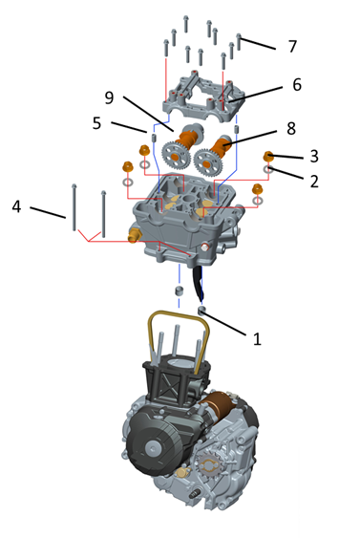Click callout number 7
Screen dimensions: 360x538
coord(292,46)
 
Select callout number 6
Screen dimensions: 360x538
coord(297,85)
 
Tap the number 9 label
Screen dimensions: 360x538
coord(109,97)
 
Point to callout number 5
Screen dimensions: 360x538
coord(96,123)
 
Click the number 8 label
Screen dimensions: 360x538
coord(291,129)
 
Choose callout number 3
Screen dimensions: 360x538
coord(314,156)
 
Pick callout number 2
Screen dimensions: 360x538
coord(314,181)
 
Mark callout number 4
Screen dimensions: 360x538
coord(16,207)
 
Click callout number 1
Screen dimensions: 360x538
coord(257,338)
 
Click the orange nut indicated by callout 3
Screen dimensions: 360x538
coord(267,156)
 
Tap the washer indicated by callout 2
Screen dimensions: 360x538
coord(268,169)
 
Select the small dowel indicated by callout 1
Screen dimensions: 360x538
coord(202,311)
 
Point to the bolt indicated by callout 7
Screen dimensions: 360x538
coord(239,41)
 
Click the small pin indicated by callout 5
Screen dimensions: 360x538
coord(154,139)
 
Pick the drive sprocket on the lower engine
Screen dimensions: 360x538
coord(209,465)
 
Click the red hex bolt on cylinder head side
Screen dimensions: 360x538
coord(205,247)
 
